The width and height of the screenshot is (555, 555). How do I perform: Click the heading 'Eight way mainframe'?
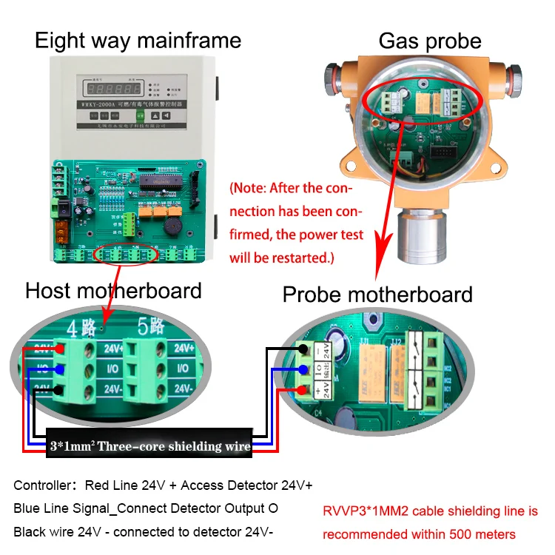coord(138,39)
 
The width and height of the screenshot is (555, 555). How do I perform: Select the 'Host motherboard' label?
coord(113,290)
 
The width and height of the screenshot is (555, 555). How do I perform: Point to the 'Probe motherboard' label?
coord(377,295)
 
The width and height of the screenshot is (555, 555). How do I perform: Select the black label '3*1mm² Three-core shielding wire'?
coord(150,446)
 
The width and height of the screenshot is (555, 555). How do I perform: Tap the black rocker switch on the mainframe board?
coord(64,209)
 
